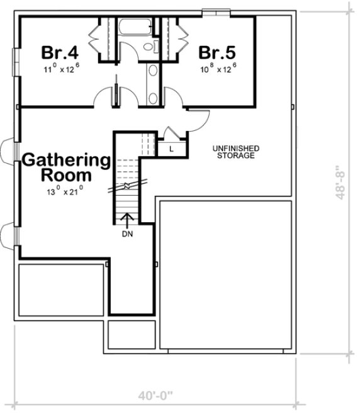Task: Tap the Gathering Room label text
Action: pyautogui.click(x=66, y=167)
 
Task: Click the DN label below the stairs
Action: pyautogui.click(x=127, y=234)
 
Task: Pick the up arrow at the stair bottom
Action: pyautogui.click(x=127, y=219)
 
